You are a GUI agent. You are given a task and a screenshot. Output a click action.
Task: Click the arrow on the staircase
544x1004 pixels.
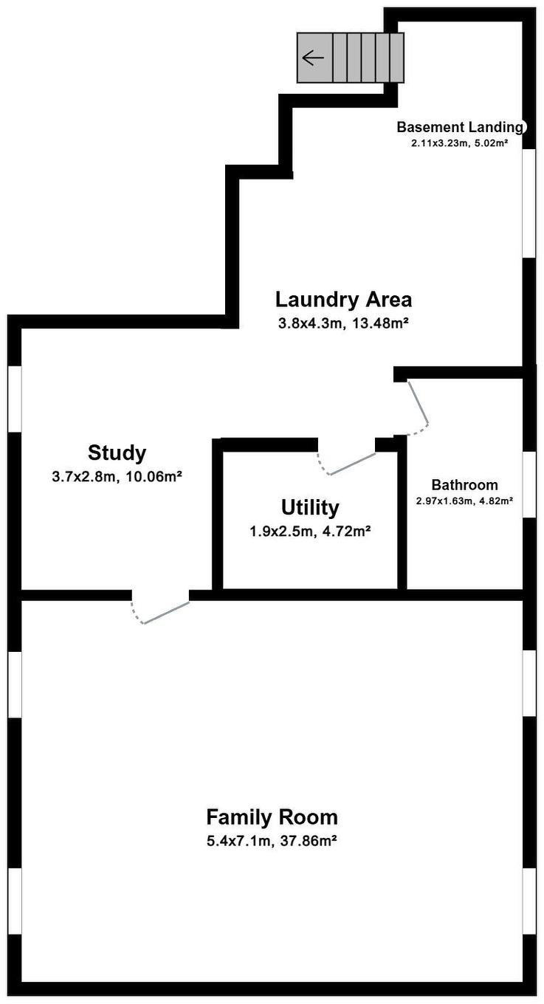313,58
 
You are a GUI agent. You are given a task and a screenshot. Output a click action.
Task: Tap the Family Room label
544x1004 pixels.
272,817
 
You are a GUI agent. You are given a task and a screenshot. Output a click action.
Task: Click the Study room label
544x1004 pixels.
117,453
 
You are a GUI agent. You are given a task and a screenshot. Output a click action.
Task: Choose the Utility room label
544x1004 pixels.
310,508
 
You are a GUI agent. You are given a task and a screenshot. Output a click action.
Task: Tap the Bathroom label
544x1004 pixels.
464,485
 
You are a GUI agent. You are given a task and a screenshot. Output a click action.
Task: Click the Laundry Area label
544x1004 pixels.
343,300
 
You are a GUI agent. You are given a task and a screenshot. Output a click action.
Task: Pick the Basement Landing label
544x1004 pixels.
460,127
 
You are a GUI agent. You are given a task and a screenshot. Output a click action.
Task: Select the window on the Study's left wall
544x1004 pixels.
15,399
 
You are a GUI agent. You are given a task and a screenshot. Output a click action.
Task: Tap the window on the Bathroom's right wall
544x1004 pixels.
528,484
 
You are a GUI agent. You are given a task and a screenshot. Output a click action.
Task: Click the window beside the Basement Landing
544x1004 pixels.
528,203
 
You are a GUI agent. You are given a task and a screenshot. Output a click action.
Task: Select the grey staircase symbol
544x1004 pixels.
351,58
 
